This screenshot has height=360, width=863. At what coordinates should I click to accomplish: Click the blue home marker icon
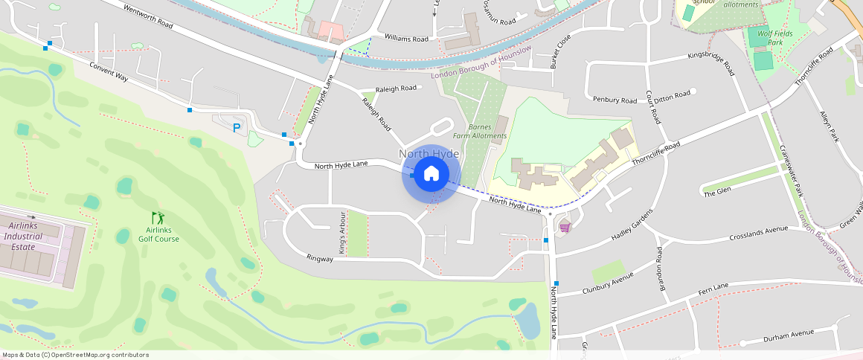click(x=431, y=175)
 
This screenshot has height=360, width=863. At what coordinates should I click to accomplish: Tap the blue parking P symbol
click(x=237, y=128)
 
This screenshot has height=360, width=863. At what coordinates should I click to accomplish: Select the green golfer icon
click(x=158, y=218)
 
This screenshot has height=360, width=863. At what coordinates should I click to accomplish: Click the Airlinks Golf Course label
click(x=158, y=234)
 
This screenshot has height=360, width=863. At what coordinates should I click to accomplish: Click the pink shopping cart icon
click(x=565, y=227)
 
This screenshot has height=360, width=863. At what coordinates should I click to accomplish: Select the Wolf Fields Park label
click(x=775, y=38)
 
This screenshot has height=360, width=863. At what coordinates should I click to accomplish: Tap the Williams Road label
click(x=406, y=39)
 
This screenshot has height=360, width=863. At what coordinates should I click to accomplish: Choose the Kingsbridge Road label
click(x=711, y=65)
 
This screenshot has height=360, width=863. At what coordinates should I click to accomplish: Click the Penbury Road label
click(x=615, y=100)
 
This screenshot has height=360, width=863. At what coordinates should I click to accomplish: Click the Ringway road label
click(x=321, y=257)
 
